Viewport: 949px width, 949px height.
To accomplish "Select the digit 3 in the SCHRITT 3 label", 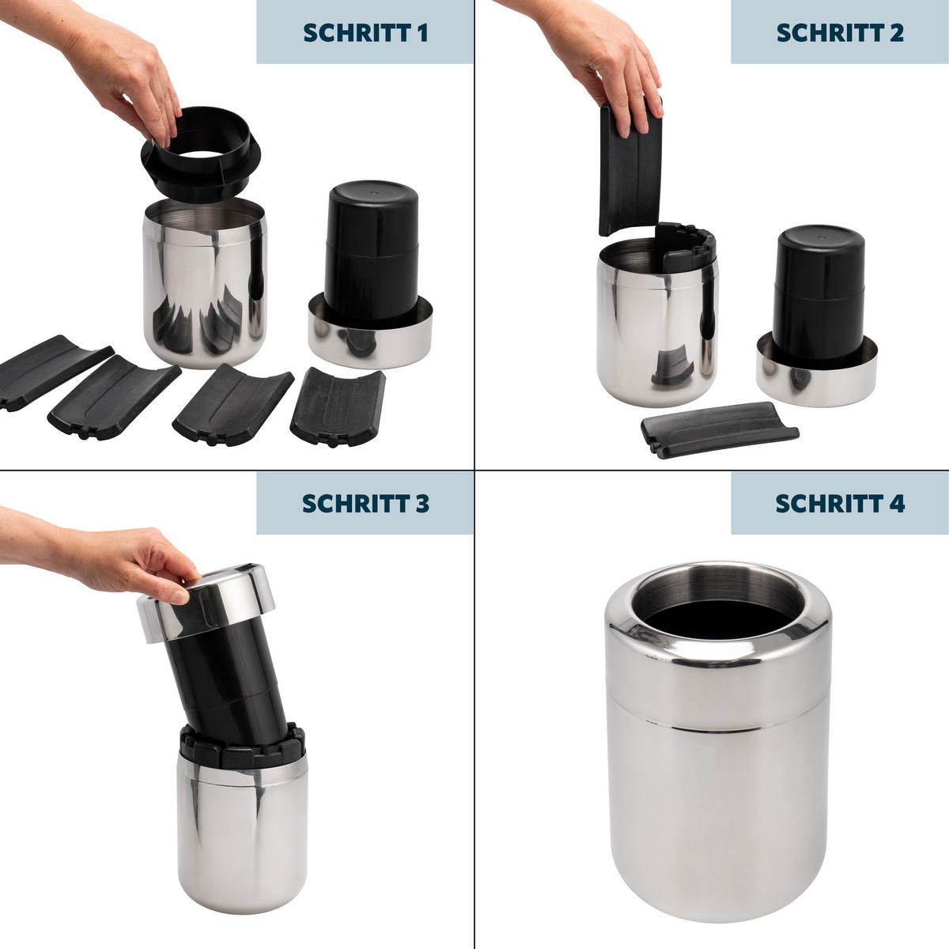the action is [422, 503].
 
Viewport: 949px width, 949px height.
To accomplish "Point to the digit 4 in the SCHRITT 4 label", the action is [897, 503].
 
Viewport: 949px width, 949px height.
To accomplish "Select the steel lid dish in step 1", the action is [370, 340].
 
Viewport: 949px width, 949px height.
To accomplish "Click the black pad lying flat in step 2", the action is [718, 429].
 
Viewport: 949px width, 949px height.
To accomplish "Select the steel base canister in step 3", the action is [242, 832].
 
